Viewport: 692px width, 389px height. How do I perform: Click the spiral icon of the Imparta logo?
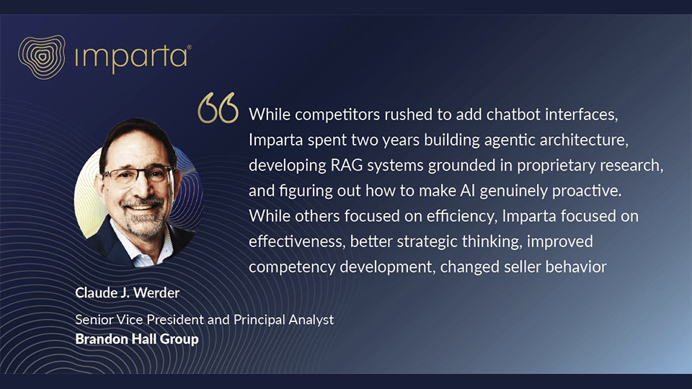[x=42, y=57]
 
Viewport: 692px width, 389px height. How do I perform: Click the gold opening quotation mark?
[x=218, y=107]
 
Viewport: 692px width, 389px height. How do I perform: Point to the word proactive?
[x=587, y=191]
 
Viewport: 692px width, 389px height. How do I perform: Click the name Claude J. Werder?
[x=127, y=293]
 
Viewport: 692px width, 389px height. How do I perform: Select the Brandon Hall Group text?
[x=137, y=339]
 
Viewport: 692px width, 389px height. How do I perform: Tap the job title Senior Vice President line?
[x=204, y=319]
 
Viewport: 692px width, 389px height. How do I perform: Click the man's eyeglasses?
[x=138, y=176]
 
